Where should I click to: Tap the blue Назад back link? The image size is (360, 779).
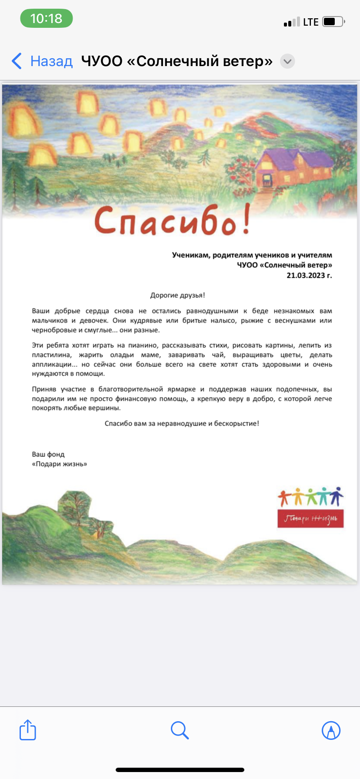(x=43, y=61)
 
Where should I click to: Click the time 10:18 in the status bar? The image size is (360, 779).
(x=46, y=19)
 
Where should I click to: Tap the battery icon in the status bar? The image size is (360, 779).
(x=333, y=22)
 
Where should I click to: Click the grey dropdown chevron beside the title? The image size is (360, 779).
(x=287, y=61)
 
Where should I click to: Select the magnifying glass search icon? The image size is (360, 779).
(x=180, y=730)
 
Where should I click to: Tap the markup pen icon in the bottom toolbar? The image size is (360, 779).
(x=331, y=730)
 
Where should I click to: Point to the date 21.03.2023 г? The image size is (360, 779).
(x=309, y=275)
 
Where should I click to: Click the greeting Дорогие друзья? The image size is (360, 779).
(x=177, y=295)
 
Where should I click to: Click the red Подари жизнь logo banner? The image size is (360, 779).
(x=310, y=518)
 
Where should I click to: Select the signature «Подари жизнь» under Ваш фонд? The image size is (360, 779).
(x=60, y=464)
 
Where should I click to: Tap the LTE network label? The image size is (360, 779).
(x=311, y=22)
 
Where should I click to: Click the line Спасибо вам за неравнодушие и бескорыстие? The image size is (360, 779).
(x=182, y=423)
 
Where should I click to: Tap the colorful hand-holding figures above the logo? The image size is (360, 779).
(x=310, y=496)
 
